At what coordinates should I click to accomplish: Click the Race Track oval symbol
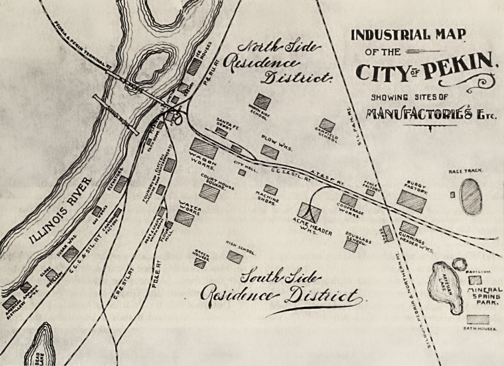471,197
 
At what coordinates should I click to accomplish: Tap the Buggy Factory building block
411,201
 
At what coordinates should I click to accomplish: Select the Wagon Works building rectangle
204,148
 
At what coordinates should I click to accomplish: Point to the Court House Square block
209,193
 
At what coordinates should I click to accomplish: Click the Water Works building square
184,218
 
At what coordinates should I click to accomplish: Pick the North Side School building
262,102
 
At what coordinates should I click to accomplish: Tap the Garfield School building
327,126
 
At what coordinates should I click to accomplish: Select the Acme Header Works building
309,213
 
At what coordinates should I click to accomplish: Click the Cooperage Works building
349,200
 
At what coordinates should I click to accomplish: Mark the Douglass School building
351,246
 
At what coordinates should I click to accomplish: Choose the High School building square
235,257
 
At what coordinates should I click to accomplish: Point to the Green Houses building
200,263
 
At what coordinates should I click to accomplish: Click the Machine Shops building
270,189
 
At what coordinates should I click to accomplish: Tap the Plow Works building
270,152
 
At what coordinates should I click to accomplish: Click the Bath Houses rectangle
478,319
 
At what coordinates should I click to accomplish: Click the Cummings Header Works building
409,228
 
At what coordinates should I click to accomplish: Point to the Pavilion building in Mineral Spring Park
475,280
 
